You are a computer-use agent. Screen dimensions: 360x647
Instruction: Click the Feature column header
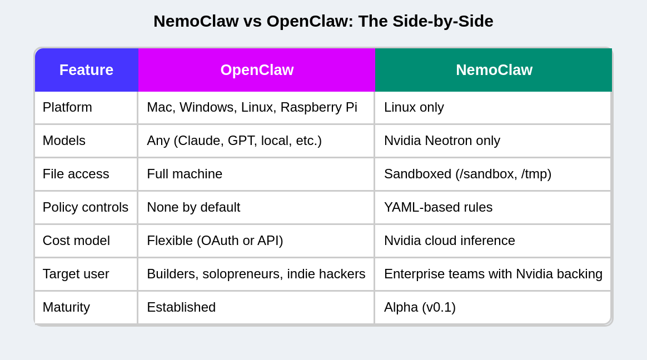[x=86, y=70]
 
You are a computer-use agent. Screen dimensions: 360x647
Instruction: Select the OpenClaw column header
[x=257, y=70]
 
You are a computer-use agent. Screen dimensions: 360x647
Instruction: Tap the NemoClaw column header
[x=494, y=70]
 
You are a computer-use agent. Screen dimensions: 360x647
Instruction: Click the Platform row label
[x=67, y=107]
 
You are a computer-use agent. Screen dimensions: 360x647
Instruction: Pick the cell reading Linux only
[x=414, y=107]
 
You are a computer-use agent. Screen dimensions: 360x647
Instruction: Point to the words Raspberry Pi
[x=318, y=107]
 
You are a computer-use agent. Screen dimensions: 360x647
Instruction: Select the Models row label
[x=64, y=141]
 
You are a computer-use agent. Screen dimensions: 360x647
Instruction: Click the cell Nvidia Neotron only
[x=442, y=141]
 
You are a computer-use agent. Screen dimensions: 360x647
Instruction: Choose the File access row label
[x=76, y=174]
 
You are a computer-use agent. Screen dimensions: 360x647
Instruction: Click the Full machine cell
[x=185, y=174]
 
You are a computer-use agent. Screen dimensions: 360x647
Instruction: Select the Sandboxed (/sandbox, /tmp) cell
[x=467, y=174]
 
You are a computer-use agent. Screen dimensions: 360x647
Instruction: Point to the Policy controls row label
[x=86, y=207]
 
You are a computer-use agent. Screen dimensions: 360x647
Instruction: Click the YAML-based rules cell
[x=438, y=207]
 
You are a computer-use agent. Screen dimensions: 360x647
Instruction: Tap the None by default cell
[x=193, y=207]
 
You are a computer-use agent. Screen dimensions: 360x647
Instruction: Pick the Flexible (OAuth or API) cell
[x=215, y=241]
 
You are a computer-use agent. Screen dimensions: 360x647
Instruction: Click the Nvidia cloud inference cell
[x=449, y=241]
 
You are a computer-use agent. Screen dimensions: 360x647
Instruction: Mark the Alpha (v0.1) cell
[x=420, y=307]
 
